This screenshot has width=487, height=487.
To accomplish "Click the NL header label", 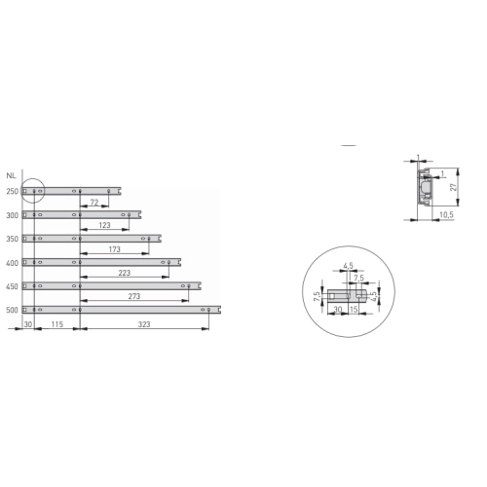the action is (x=11, y=176).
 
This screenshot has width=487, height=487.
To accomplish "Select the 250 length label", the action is (x=13, y=191).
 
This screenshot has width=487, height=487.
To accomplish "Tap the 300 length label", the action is (x=13, y=215).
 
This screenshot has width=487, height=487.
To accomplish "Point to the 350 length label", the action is (x=13, y=240).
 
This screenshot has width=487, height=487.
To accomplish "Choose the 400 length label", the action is (x=13, y=263).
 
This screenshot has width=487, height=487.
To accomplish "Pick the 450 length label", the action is (x=13, y=286).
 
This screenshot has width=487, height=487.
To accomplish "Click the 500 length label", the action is (x=13, y=310).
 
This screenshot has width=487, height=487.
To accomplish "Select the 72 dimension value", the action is (x=94, y=203).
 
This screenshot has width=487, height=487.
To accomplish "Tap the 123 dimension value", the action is (x=104, y=225).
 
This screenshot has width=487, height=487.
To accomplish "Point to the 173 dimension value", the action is (x=115, y=249).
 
